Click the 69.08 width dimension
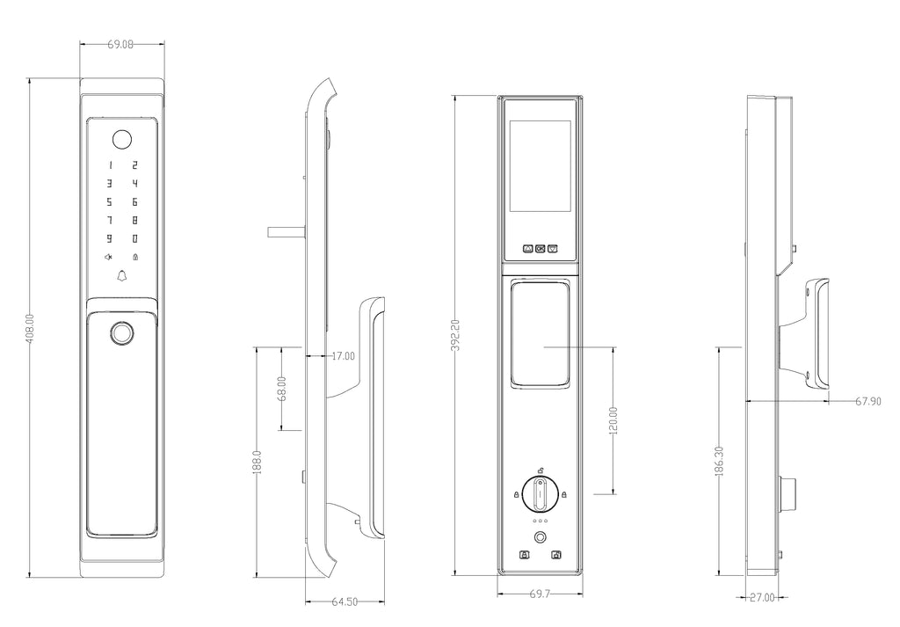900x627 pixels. (120, 44)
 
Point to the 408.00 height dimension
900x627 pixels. (31, 328)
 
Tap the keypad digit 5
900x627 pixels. (108, 202)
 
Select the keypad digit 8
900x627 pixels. (134, 220)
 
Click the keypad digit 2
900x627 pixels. (134, 165)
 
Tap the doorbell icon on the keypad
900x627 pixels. (121, 276)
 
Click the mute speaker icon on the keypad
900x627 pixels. (108, 257)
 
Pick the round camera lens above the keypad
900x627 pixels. (121, 140)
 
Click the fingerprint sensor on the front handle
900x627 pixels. (121, 333)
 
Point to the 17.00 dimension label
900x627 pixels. (344, 356)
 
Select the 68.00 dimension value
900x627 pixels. (281, 389)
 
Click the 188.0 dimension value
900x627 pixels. (258, 462)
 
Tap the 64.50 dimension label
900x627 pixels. (345, 601)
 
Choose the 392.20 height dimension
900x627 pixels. (456, 335)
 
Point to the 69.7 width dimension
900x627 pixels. (540, 594)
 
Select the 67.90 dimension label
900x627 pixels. (867, 401)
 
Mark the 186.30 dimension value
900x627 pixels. (719, 462)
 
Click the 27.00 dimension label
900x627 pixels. (762, 598)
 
